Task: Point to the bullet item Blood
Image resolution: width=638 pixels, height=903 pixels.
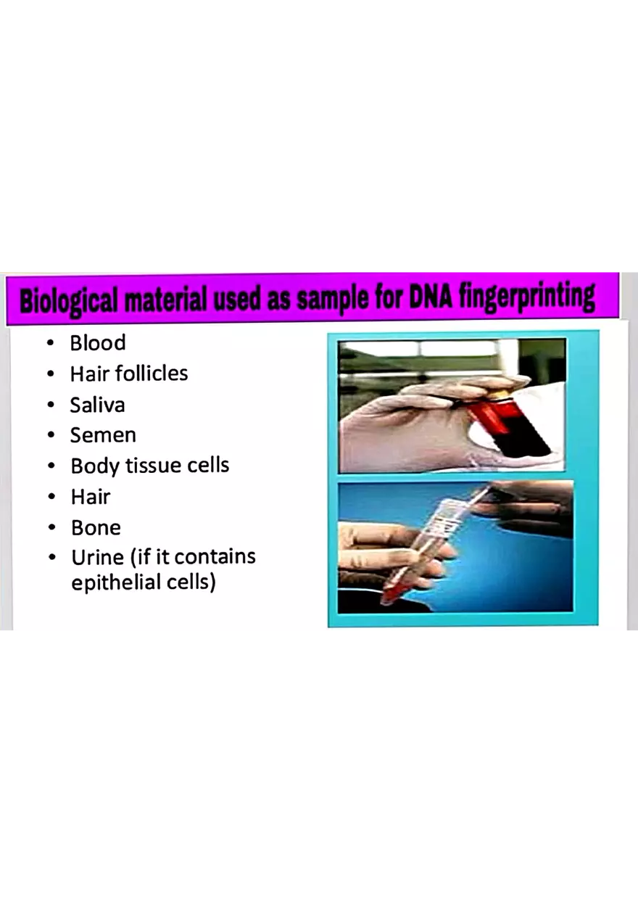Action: click(97, 343)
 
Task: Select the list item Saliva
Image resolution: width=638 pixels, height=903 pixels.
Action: click(97, 405)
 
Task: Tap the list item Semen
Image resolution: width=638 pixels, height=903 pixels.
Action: click(102, 435)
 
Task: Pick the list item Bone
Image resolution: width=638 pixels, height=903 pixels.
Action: click(96, 527)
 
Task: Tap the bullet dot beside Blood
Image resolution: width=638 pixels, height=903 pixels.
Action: click(51, 344)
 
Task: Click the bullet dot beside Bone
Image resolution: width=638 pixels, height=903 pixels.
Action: click(51, 528)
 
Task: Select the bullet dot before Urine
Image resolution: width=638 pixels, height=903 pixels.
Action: click(51, 558)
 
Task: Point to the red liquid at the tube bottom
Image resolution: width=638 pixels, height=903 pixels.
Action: click(391, 591)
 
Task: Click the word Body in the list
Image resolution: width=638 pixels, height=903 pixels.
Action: click(93, 466)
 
